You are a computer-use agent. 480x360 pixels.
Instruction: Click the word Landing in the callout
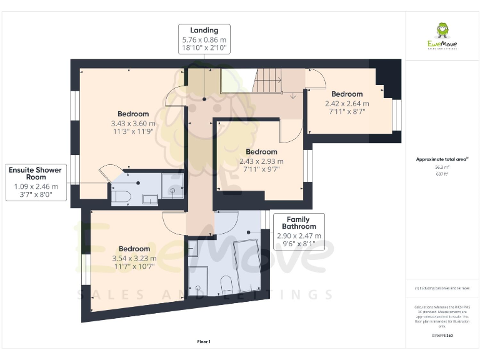pos(204,30)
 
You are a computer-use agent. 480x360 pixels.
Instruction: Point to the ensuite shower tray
pos(173,185)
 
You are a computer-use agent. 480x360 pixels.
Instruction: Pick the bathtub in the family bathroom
pos(246,264)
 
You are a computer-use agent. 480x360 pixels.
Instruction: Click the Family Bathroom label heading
pos(299,223)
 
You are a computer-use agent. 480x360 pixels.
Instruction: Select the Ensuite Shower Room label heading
pos(36,173)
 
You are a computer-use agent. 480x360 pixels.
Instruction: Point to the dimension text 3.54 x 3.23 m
pos(134,258)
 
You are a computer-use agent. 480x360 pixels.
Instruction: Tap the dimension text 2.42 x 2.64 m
pos(347,104)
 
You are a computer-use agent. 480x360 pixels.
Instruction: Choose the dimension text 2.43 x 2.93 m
pos(261,161)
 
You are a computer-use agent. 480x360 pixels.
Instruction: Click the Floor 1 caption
pos(204,342)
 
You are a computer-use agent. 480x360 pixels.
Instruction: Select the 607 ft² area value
pos(442,174)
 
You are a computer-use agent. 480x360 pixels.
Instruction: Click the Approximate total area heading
pos(441,159)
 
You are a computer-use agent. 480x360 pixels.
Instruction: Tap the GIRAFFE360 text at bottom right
pos(442,336)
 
